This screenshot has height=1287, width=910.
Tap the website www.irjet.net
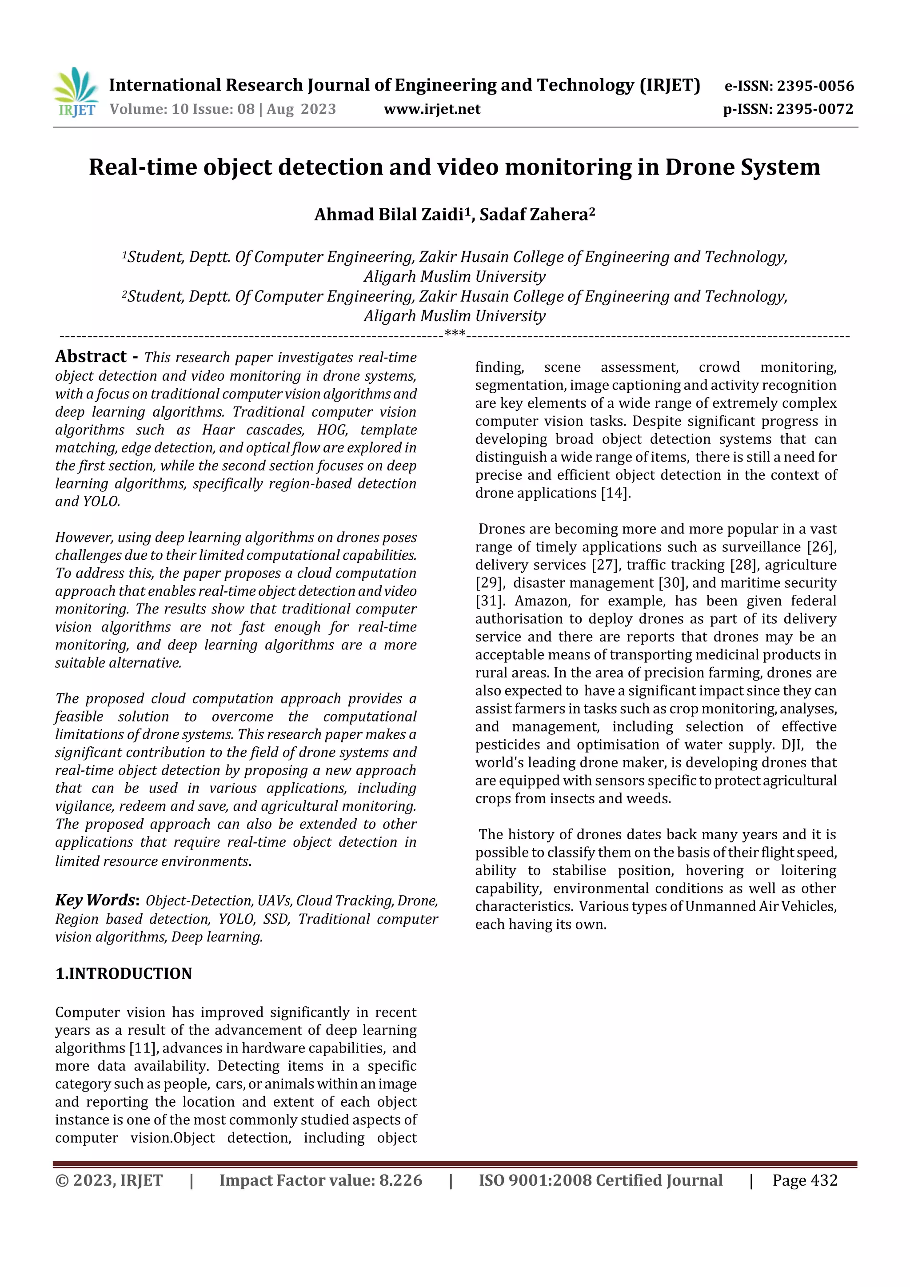pyautogui.click(x=432, y=109)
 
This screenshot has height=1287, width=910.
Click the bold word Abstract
pyautogui.click(x=91, y=356)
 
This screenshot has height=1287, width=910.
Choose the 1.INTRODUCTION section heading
pyautogui.click(x=124, y=974)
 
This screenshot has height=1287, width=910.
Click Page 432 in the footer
pyautogui.click(x=805, y=1180)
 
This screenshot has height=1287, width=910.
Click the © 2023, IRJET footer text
pyautogui.click(x=109, y=1180)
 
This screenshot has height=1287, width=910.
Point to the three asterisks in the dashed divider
pyautogui.click(x=454, y=334)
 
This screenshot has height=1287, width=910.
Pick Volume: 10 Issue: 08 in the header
pyautogui.click(x=182, y=109)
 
